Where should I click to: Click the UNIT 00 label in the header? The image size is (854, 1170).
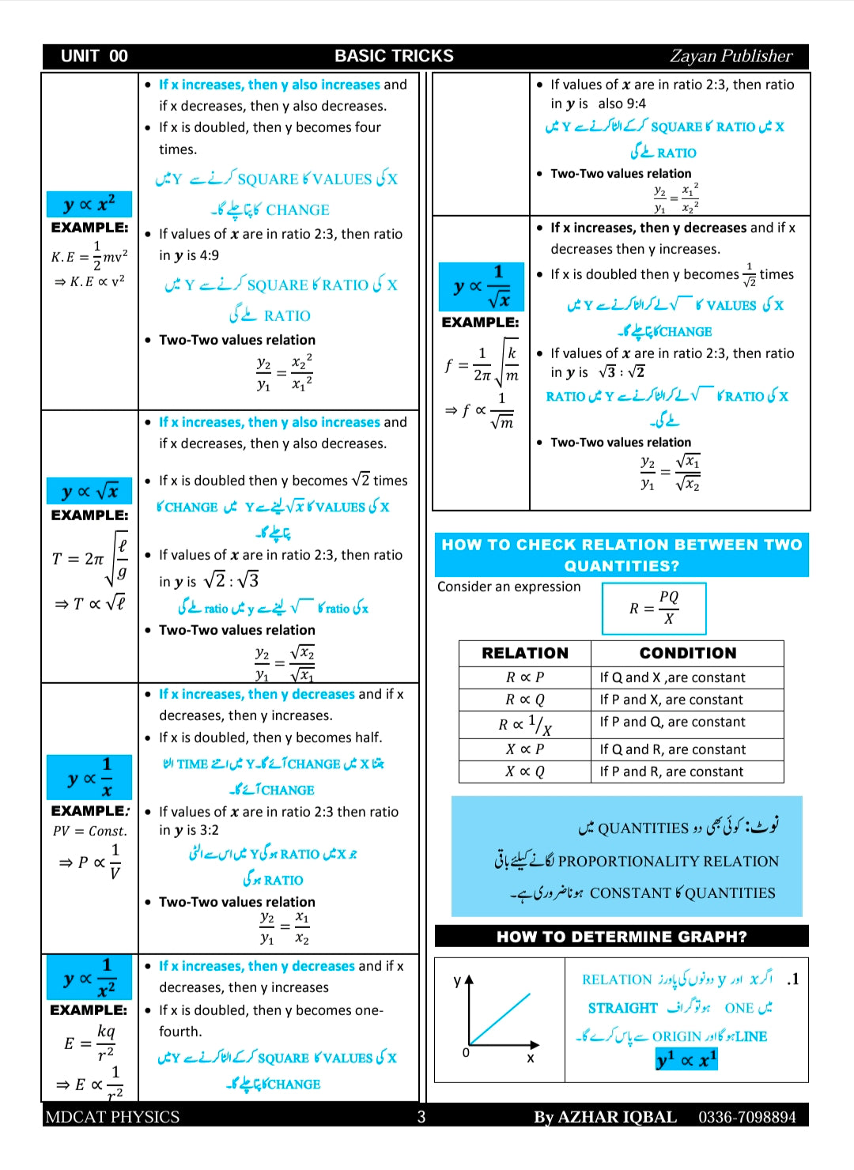coord(94,56)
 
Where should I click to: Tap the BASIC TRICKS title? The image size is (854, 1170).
coord(394,56)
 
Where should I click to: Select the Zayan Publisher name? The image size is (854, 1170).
coord(730,56)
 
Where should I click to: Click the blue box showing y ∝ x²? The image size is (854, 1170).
coord(89,204)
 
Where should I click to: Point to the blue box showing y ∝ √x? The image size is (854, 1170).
coord(89,491)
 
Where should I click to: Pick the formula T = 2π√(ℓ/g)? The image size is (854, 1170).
coord(89,558)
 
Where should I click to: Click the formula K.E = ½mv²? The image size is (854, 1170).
coord(89,256)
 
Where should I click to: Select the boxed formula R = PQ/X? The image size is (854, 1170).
coord(654,608)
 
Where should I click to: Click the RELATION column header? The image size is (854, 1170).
coord(525,653)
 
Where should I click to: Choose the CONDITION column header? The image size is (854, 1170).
coord(687,653)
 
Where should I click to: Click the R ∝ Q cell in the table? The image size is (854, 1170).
coord(525,700)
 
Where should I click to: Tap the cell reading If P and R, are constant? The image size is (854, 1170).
coord(671,772)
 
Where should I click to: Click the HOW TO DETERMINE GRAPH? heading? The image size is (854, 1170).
coord(622,937)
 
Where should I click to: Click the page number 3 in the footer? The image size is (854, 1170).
coord(421,1116)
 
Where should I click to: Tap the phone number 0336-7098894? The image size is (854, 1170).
coord(746,1116)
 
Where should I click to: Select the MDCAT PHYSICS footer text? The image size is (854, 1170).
coord(112,1116)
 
